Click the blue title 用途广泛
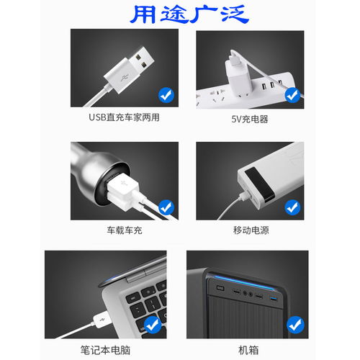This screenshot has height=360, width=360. point(180,14)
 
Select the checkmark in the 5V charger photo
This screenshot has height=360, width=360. point(292,94)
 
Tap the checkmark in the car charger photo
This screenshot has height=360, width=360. point(166,207)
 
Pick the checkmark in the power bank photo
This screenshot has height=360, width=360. point(292,207)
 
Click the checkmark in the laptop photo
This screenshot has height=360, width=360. point(153,326)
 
